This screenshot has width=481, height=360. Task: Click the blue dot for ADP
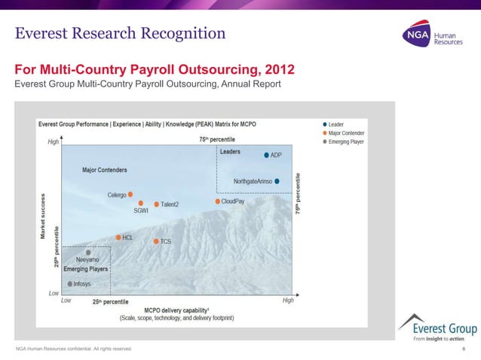[x=266, y=155]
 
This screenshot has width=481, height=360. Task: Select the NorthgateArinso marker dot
[x=277, y=181]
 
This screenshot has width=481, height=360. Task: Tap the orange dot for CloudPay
[x=218, y=201]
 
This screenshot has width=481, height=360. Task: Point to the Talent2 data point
[x=157, y=204]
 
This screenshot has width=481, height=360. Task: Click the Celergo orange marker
[x=130, y=194]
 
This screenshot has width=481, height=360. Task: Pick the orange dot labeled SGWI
[x=141, y=203]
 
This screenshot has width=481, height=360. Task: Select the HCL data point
[x=118, y=237]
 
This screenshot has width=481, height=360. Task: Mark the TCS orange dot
[x=156, y=241]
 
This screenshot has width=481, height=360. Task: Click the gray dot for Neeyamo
[x=88, y=252]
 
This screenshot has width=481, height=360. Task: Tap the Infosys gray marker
[x=70, y=284]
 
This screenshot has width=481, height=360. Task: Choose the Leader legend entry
[x=335, y=124]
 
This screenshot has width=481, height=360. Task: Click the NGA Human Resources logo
[x=429, y=37]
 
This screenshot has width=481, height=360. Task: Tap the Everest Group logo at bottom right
[x=437, y=328]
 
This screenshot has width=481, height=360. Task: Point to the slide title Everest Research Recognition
[x=121, y=33]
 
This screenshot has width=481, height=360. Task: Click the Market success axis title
[x=44, y=215]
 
